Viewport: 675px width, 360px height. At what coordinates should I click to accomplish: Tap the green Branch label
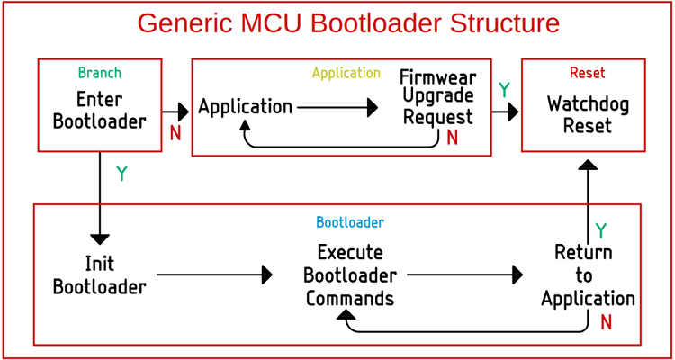[x=99, y=73]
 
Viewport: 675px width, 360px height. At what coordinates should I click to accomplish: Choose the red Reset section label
[x=587, y=73]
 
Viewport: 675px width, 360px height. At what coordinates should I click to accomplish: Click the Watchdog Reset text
[x=588, y=114]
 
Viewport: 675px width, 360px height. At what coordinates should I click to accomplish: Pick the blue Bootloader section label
[x=349, y=221]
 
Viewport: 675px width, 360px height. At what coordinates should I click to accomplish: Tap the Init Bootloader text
[x=99, y=275]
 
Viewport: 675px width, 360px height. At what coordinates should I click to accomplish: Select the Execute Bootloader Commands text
[x=349, y=274]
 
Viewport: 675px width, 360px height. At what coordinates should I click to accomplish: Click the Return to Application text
[x=588, y=274]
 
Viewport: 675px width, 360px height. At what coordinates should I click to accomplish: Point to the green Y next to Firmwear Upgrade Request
[x=504, y=90]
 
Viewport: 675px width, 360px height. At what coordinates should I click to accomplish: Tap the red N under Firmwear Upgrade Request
[x=452, y=139]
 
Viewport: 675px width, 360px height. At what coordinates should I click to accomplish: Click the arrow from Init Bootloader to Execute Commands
[x=214, y=274]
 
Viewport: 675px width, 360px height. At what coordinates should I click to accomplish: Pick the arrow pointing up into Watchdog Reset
[x=587, y=193]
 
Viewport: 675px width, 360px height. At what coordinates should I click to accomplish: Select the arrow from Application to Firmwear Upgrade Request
[x=337, y=108]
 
